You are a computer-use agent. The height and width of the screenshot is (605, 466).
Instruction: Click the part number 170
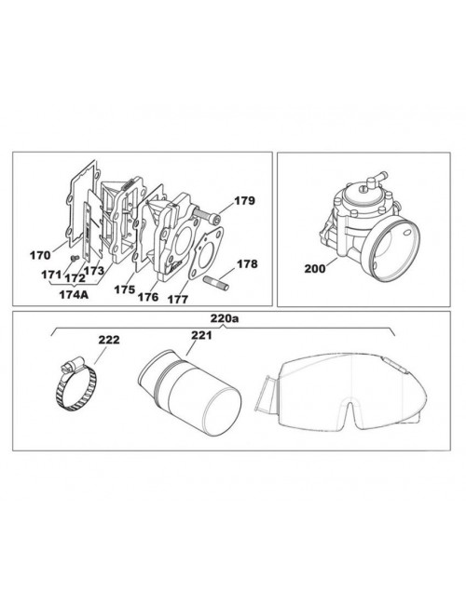click(39, 254)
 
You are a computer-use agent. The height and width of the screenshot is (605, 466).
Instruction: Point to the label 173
click(95, 271)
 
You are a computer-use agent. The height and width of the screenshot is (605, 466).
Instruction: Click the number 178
click(245, 264)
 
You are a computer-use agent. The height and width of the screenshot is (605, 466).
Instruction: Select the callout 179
click(243, 200)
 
